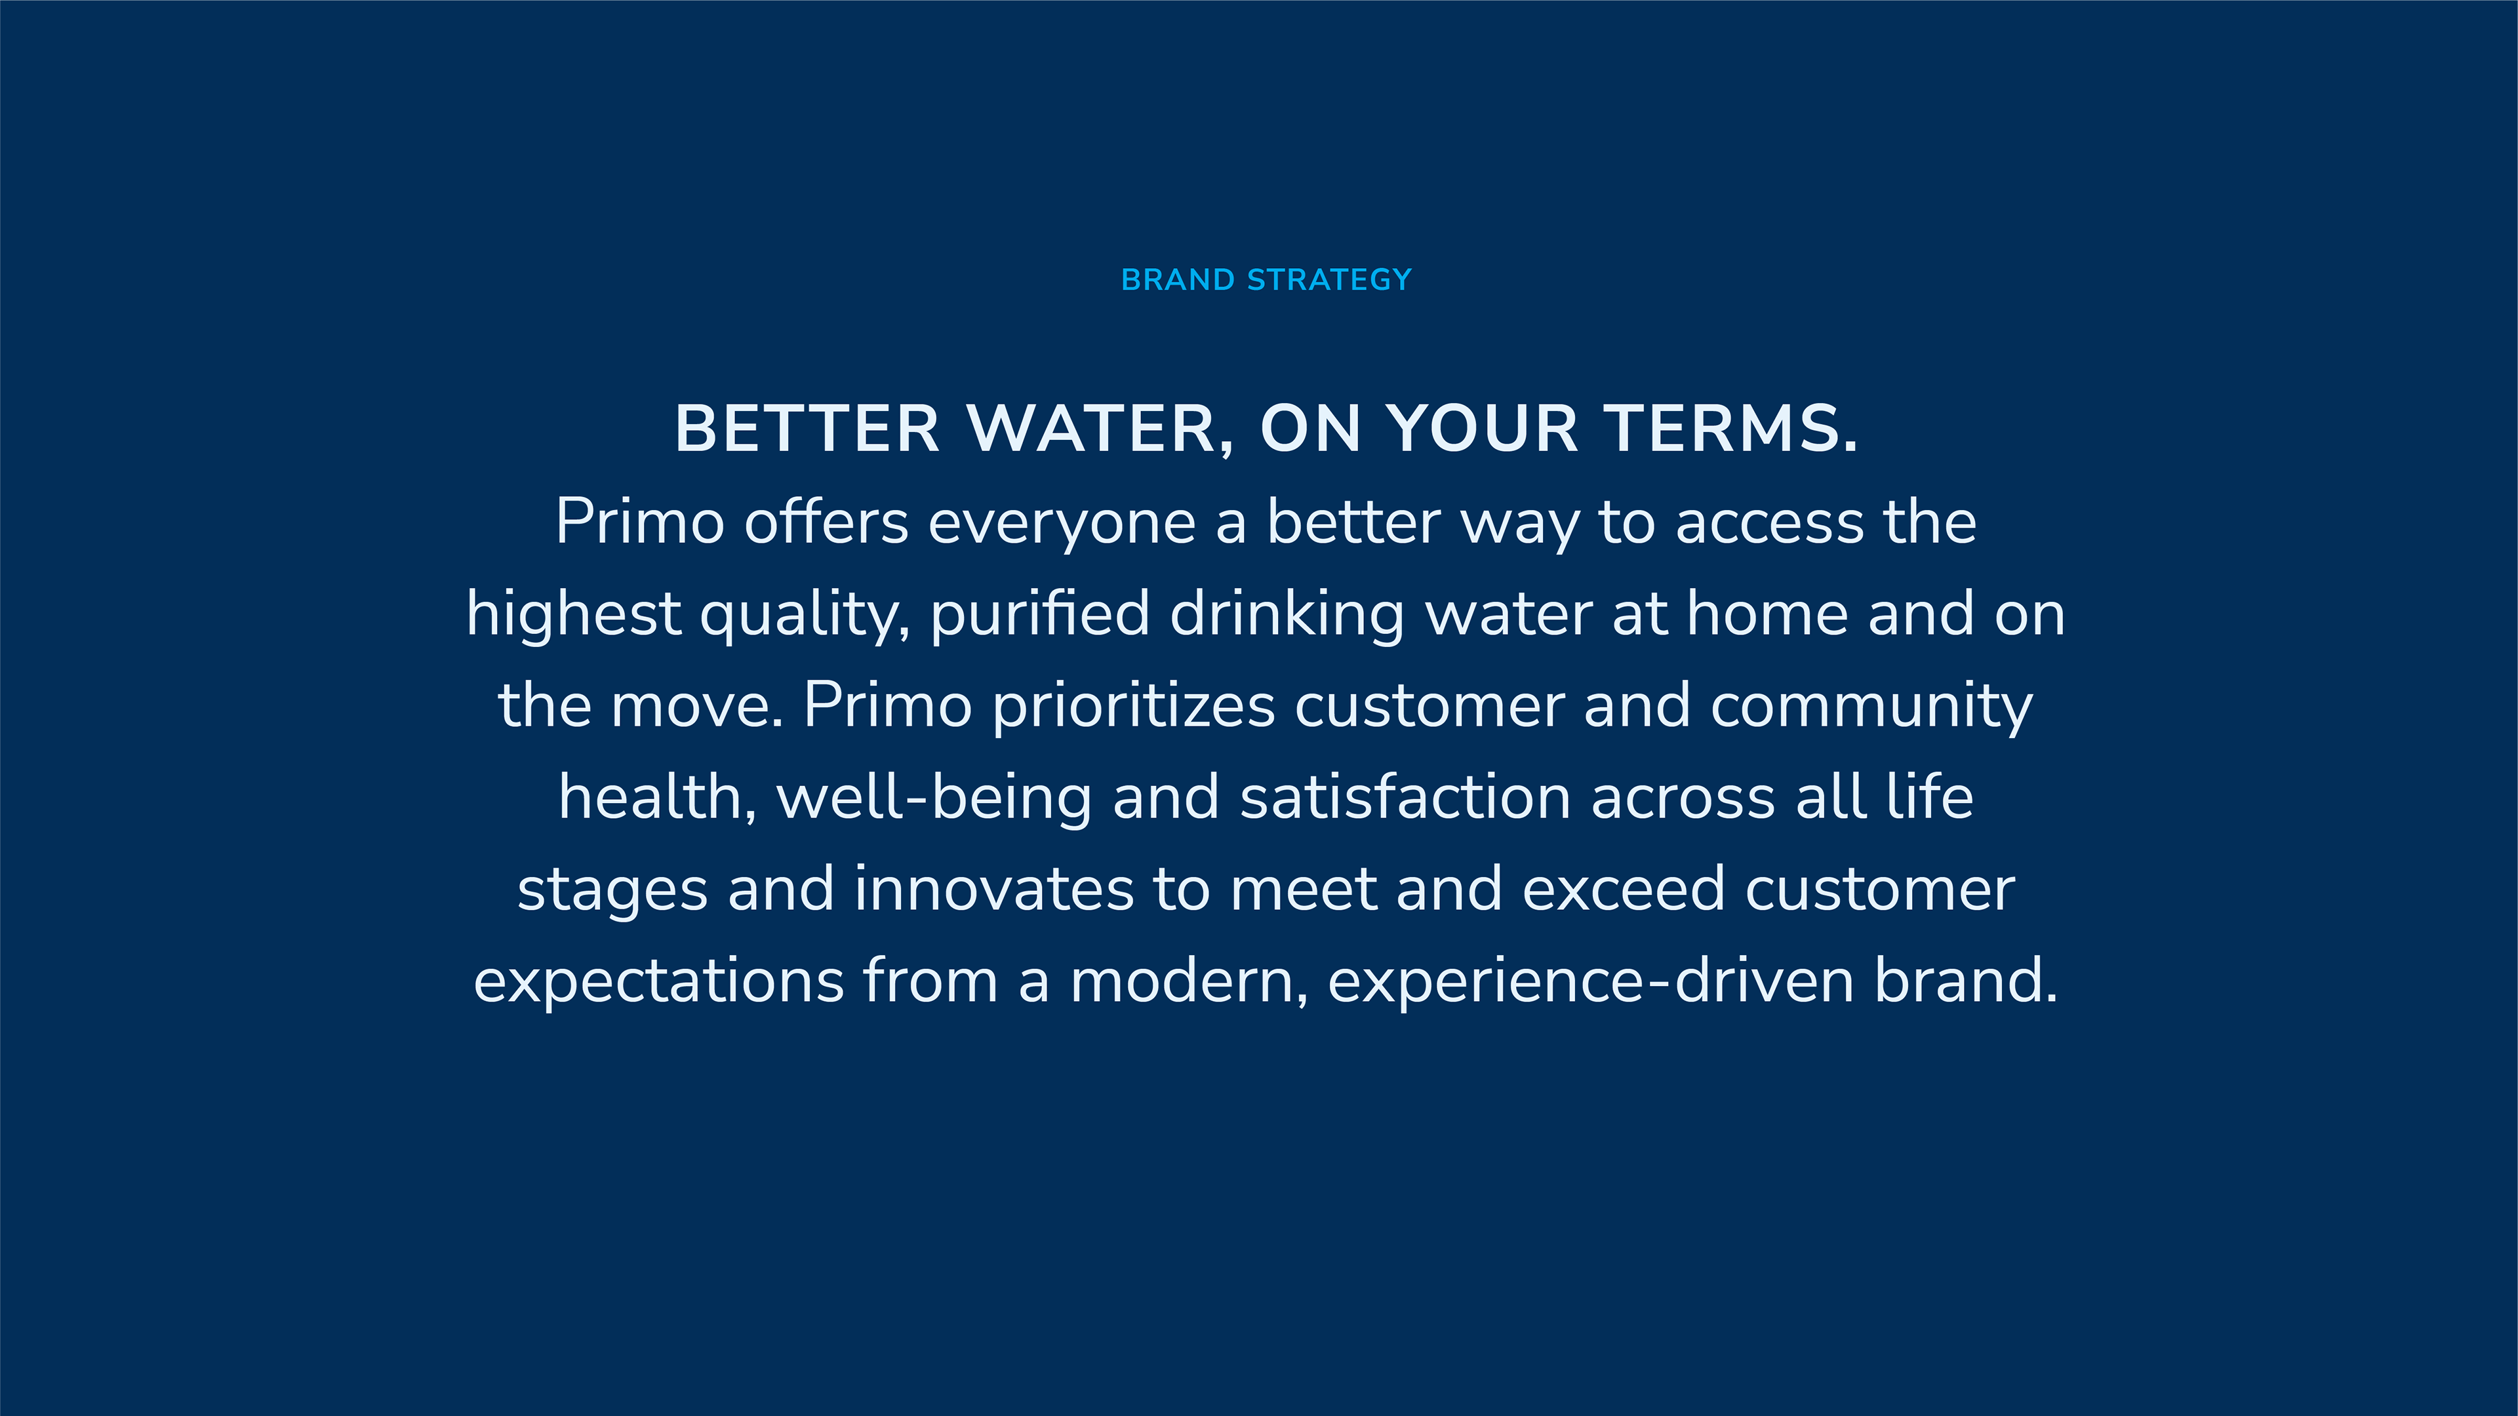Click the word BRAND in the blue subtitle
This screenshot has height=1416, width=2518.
pyautogui.click(x=1178, y=281)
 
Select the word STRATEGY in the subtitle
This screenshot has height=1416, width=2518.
pyautogui.click(x=1329, y=281)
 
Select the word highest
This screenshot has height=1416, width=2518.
pyautogui.click(x=574, y=616)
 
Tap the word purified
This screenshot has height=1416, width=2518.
pyautogui.click(x=1040, y=616)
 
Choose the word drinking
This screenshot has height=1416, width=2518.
pyautogui.click(x=1287, y=616)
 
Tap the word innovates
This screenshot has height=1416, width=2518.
pyautogui.click(x=994, y=890)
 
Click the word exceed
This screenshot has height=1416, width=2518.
pyautogui.click(x=1624, y=890)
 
